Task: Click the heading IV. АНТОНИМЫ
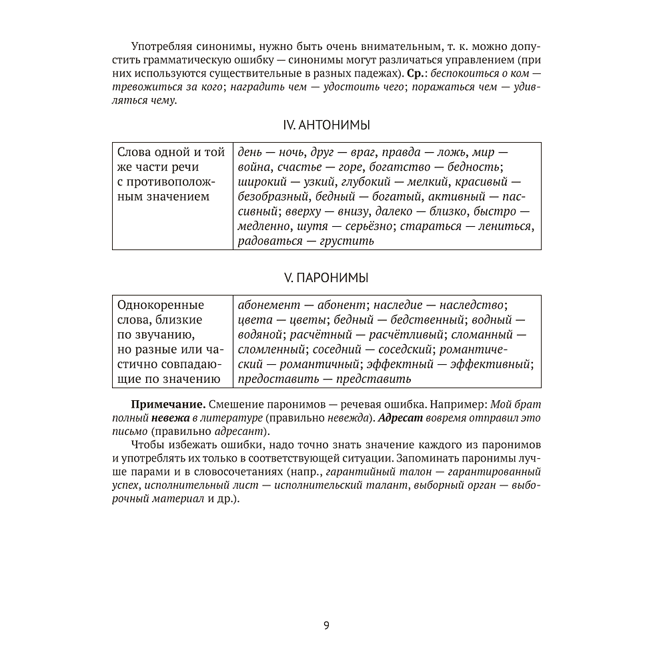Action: (x=326, y=125)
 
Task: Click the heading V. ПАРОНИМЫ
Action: (x=326, y=277)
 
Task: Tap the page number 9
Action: (x=326, y=625)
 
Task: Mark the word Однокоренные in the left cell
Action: (x=160, y=305)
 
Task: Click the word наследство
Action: (x=472, y=305)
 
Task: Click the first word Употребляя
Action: (x=163, y=45)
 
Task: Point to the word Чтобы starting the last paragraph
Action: (x=147, y=444)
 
